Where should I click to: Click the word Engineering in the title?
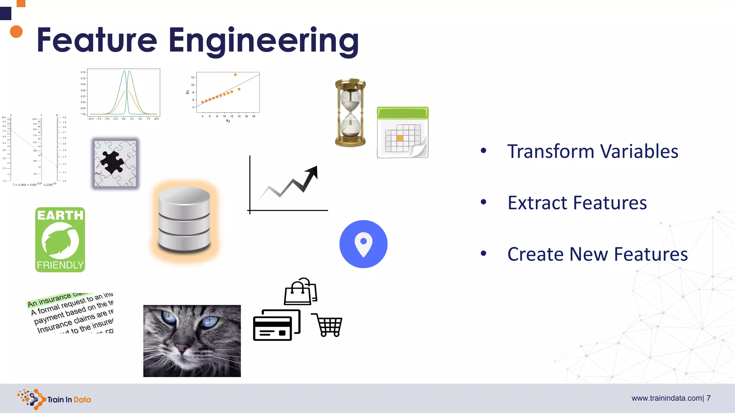(263, 40)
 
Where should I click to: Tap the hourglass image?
(350, 113)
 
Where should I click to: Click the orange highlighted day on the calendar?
(400, 138)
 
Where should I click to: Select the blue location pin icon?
(363, 244)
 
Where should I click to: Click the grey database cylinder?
(184, 219)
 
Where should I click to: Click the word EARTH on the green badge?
(60, 215)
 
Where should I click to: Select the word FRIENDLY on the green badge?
(60, 265)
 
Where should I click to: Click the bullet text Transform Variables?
(593, 151)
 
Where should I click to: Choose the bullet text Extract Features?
(577, 203)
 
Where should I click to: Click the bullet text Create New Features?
(597, 254)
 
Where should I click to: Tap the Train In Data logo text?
(69, 399)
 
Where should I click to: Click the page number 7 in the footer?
(708, 398)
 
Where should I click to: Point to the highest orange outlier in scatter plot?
(235, 75)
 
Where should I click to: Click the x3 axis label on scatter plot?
(228, 121)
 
